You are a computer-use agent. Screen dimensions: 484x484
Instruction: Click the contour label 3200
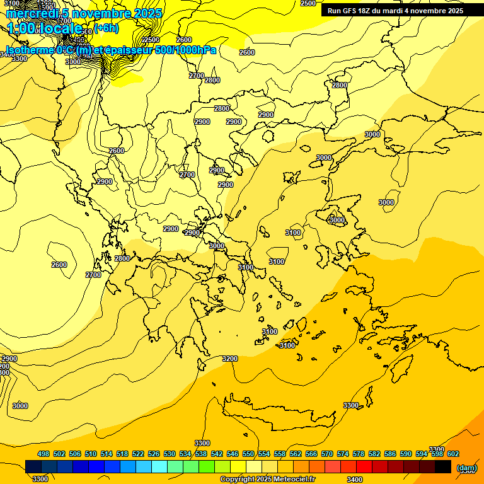[x=230, y=359]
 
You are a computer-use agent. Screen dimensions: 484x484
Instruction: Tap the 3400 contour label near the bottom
[x=355, y=480]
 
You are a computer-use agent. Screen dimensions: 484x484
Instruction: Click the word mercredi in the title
[x=30, y=13]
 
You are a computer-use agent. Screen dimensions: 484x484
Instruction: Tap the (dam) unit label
[x=466, y=468]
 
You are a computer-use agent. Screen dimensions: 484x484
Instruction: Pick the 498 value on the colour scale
[x=43, y=454]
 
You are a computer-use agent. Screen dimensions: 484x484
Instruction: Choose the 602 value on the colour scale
[x=453, y=454]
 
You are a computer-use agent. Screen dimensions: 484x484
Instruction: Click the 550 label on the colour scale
[x=248, y=454]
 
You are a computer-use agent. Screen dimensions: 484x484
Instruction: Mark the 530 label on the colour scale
[x=170, y=454]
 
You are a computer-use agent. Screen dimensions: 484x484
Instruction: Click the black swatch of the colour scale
[x=443, y=466]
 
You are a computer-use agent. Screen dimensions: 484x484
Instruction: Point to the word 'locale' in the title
[x=60, y=28]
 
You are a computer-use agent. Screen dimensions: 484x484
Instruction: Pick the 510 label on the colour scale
[x=91, y=454]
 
